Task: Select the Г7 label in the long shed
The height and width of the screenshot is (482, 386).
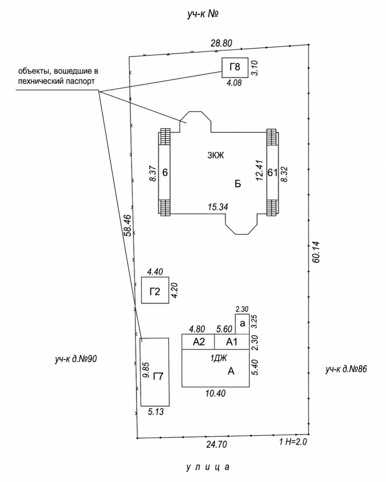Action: coord(158,377)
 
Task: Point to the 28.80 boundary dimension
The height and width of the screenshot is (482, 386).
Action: coord(221,43)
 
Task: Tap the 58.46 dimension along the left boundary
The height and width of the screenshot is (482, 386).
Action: coord(127,225)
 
